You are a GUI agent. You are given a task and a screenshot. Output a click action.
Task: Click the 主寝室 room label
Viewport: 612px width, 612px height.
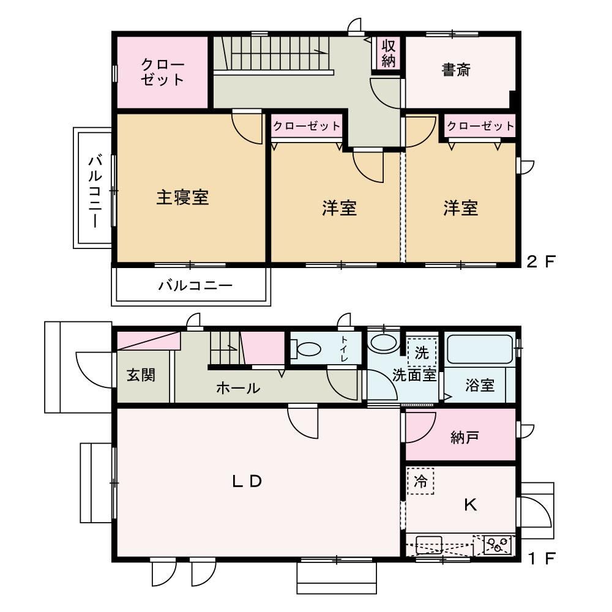tap(182, 197)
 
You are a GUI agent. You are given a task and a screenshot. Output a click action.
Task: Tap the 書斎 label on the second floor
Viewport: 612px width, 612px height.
tap(456, 70)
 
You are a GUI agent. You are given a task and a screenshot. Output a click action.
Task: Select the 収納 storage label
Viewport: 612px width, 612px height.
tap(389, 53)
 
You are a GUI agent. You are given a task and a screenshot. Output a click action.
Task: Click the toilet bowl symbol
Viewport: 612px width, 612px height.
tap(305, 349)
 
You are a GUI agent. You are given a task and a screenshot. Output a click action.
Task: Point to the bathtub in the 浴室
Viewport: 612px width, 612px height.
tap(480, 348)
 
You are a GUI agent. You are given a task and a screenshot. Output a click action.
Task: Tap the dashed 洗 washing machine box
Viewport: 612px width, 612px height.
tap(422, 353)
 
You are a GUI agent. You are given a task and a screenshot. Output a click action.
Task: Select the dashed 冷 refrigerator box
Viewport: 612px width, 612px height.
tap(420, 481)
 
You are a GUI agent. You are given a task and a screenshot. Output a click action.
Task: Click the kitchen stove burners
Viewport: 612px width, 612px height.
tap(498, 544)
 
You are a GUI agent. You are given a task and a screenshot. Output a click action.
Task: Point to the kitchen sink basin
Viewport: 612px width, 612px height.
tap(428, 545)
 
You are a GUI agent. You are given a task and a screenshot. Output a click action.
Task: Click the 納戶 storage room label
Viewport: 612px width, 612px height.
tap(464, 437)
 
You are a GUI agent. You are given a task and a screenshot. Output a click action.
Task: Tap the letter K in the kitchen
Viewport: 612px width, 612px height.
tap(470, 505)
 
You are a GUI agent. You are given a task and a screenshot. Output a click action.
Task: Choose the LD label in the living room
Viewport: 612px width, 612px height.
tap(247, 481)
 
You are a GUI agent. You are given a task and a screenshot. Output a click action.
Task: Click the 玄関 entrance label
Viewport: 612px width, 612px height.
tap(141, 375)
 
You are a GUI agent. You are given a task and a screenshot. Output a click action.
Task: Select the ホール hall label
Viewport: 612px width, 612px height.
tap(238, 388)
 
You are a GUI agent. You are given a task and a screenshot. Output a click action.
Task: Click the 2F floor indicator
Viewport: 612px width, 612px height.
tap(540, 261)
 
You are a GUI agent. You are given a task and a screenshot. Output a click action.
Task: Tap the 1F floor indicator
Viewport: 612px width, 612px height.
tap(542, 559)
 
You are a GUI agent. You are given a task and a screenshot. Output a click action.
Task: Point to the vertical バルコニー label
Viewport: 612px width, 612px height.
tap(95, 191)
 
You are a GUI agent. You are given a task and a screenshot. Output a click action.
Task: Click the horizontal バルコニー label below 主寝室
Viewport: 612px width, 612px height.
tap(195, 285)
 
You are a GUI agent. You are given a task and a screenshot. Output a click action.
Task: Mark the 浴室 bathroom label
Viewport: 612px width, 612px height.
tap(480, 385)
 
